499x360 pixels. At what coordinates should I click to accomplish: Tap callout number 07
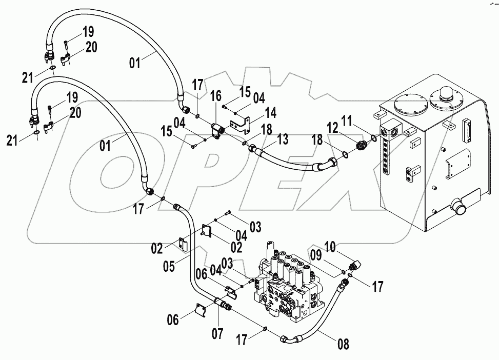(x=217, y=334)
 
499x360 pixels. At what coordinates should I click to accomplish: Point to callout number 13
(x=282, y=139)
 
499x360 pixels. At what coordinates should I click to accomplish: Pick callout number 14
(x=270, y=112)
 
